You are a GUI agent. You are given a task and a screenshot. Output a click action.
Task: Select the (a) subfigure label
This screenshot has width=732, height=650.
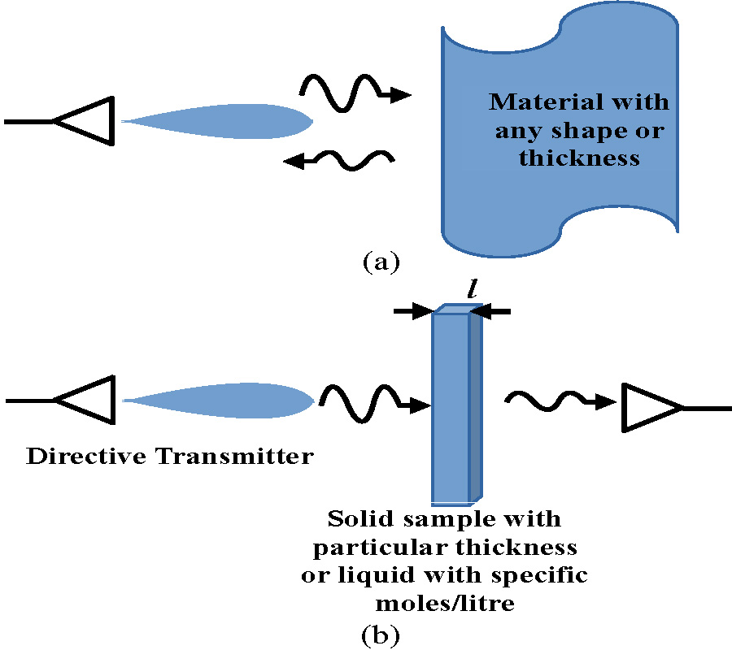click(x=381, y=262)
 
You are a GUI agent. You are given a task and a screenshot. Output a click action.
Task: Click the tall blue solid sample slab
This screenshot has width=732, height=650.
click(x=452, y=406)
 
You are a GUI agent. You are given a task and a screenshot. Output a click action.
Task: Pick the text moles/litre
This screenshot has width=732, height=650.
click(x=444, y=604)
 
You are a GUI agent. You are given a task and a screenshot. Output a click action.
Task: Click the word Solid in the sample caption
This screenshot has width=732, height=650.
click(x=358, y=518)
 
